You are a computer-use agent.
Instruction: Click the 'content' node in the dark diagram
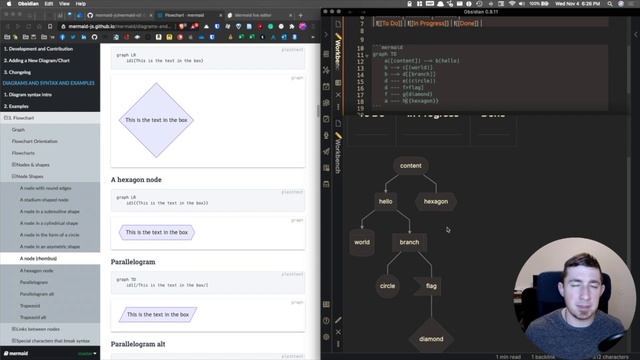(x=410, y=166)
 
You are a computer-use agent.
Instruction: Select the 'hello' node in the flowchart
(x=385, y=201)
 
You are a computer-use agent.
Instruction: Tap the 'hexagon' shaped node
(x=436, y=201)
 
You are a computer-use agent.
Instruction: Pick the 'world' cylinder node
(x=362, y=242)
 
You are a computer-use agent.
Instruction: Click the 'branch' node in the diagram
(x=409, y=242)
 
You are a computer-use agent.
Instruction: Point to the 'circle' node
(x=387, y=286)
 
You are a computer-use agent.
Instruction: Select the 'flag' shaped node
(x=431, y=286)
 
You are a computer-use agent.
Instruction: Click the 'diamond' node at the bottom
(x=431, y=338)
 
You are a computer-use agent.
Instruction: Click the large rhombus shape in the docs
(x=155, y=120)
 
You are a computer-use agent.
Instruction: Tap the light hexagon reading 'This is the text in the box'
(x=155, y=232)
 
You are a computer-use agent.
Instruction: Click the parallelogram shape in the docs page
(x=158, y=314)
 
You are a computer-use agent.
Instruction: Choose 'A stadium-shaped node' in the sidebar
(x=44, y=199)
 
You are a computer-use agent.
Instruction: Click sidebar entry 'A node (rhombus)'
(x=41, y=258)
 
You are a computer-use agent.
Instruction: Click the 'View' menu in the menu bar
(x=65, y=4)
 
